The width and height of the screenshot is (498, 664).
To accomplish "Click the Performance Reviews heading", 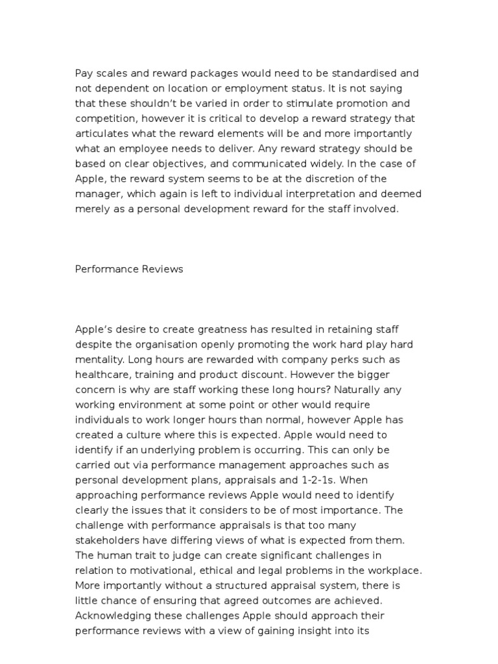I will [x=129, y=269].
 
